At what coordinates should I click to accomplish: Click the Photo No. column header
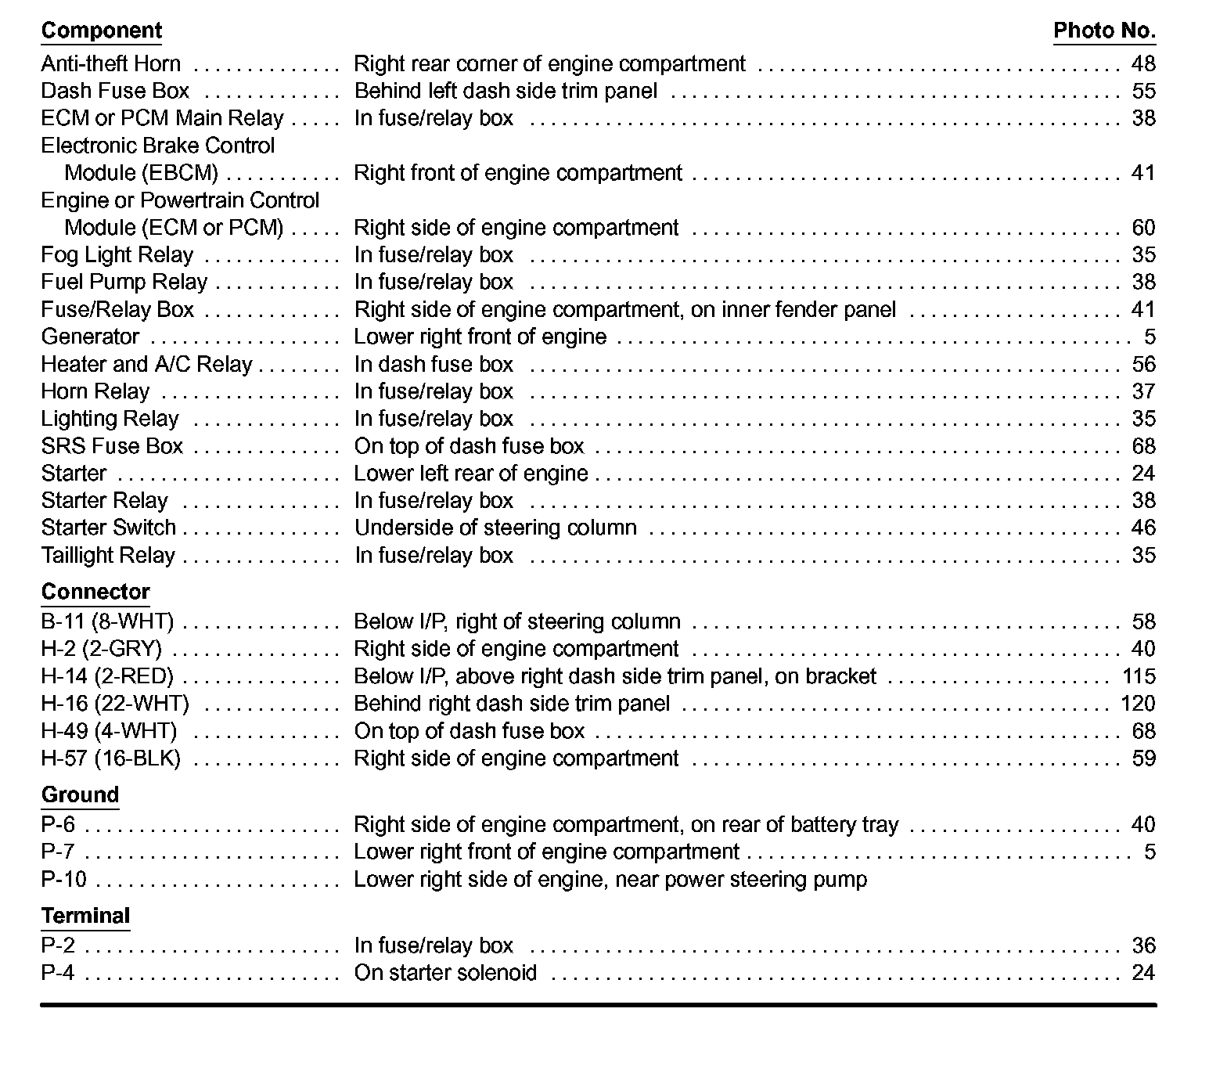tap(1104, 31)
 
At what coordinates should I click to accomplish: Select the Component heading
tap(101, 31)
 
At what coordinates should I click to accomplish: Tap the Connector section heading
tap(95, 592)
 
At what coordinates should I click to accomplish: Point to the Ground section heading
tap(80, 794)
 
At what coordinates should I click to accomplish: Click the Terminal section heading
tap(85, 916)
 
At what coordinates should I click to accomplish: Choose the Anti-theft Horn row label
tap(110, 63)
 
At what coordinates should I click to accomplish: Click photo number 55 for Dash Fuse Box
tap(1143, 91)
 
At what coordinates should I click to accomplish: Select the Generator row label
tap(90, 337)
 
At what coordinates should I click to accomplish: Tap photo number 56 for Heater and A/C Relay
tap(1143, 364)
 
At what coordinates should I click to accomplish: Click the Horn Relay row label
tap(95, 391)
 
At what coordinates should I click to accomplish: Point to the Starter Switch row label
tap(108, 528)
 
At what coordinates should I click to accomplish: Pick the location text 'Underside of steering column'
tap(495, 528)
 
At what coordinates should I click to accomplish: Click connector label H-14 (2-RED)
tap(107, 676)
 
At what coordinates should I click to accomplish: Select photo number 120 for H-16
tap(1138, 704)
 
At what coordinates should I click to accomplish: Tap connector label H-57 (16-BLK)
tap(110, 758)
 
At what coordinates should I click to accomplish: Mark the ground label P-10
tap(63, 880)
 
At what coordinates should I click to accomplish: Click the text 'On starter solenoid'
tap(445, 973)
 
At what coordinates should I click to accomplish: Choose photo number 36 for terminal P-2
tap(1143, 946)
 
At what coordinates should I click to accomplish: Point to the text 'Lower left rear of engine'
tap(470, 474)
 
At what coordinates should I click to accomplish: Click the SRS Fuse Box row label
tap(112, 446)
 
